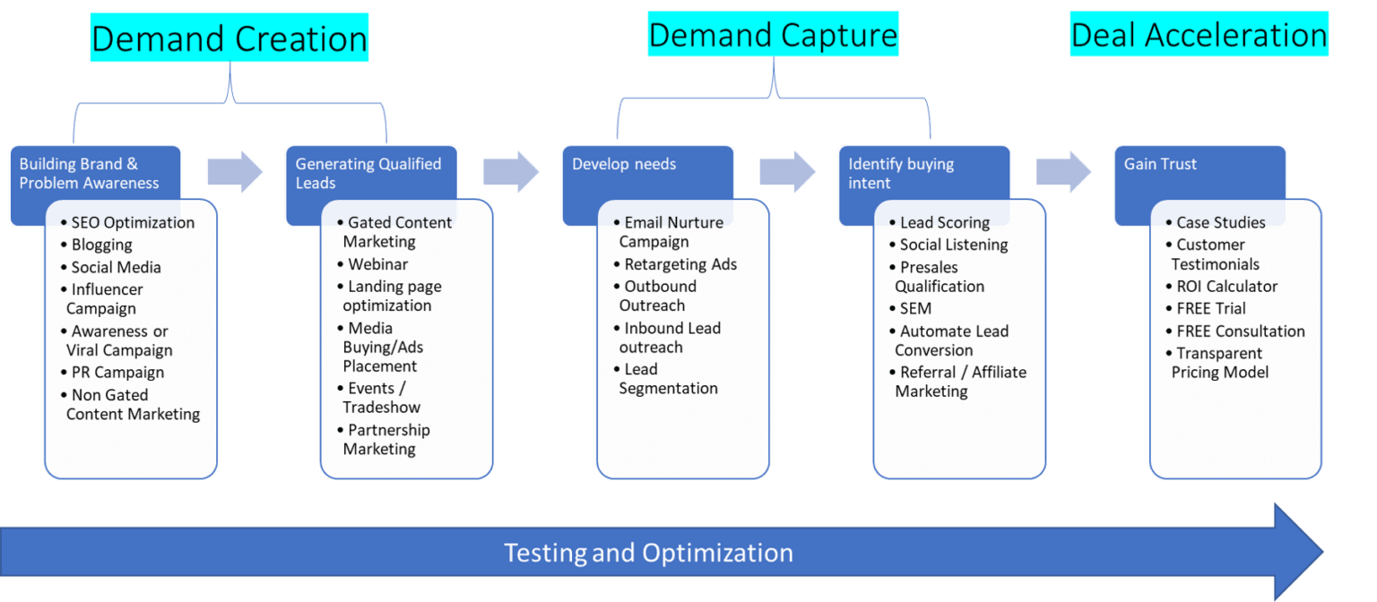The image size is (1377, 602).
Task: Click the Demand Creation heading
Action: click(229, 39)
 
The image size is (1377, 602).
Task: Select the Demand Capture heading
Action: click(773, 35)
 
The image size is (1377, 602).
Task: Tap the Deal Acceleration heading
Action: click(1199, 35)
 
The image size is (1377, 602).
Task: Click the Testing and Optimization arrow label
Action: click(648, 552)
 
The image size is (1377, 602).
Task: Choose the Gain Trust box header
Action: click(1160, 164)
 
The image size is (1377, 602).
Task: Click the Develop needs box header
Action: click(624, 164)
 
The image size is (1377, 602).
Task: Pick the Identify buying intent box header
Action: click(901, 173)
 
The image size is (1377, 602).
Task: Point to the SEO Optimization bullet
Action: click(132, 222)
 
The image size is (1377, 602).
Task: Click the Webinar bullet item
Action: click(377, 264)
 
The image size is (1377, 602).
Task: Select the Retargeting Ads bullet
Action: click(680, 264)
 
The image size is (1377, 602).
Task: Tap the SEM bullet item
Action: click(915, 308)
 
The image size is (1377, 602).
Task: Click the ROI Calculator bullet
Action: click(1226, 287)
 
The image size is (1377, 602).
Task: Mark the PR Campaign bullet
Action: click(117, 372)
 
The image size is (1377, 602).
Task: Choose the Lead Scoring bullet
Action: click(944, 222)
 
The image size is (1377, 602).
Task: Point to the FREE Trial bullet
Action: click(1210, 308)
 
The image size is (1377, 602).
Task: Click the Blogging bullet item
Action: click(101, 245)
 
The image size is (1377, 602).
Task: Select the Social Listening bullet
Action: click(953, 245)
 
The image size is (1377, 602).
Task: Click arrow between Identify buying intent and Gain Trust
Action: click(1064, 171)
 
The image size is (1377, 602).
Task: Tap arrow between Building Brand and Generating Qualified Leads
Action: click(235, 171)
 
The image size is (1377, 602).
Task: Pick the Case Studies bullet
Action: click(1220, 222)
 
